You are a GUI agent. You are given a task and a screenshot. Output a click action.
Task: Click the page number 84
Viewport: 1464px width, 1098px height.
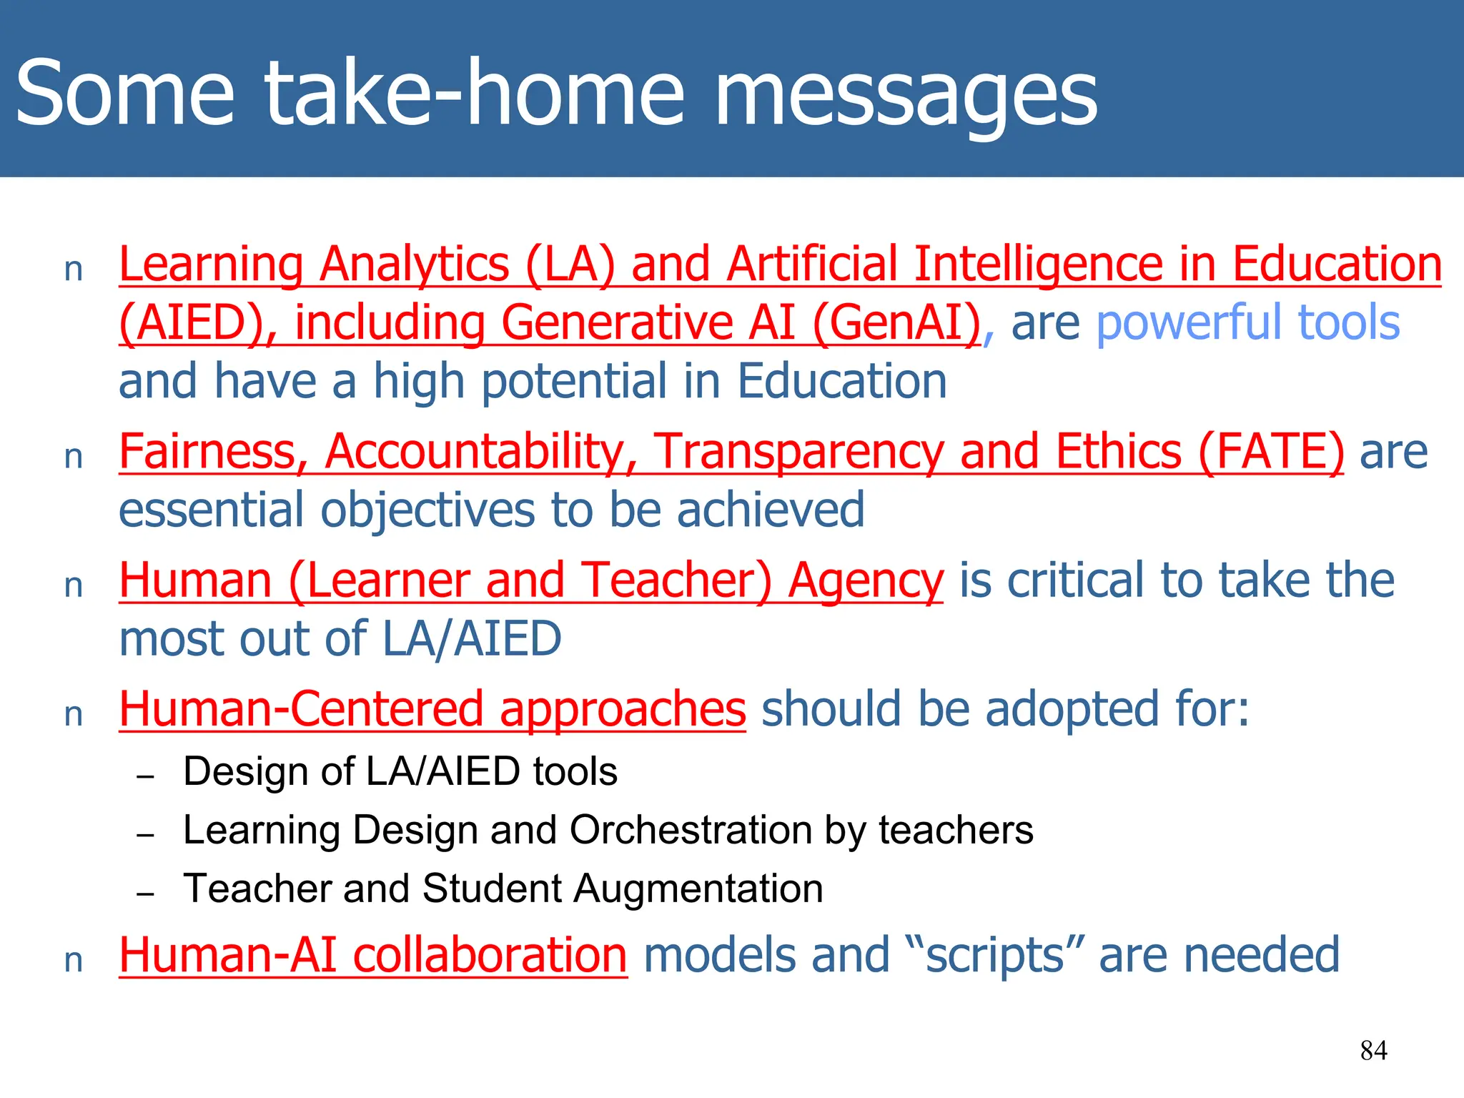[x=1373, y=1050]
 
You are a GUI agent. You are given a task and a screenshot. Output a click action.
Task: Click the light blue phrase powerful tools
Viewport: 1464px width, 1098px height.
[x=1247, y=322]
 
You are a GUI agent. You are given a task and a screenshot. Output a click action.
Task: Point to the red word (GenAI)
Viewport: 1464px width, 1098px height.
[x=896, y=322]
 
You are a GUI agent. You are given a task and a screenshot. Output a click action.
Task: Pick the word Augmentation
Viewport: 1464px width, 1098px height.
[x=698, y=889]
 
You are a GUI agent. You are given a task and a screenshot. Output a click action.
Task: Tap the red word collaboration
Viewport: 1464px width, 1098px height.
[x=490, y=955]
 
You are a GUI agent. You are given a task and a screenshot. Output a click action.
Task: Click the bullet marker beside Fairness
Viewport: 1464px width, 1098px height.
[x=74, y=457]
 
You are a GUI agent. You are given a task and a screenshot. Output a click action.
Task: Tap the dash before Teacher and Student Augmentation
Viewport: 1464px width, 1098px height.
[x=146, y=894]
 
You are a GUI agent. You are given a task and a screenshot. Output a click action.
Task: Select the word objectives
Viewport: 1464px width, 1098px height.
[x=427, y=510]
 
